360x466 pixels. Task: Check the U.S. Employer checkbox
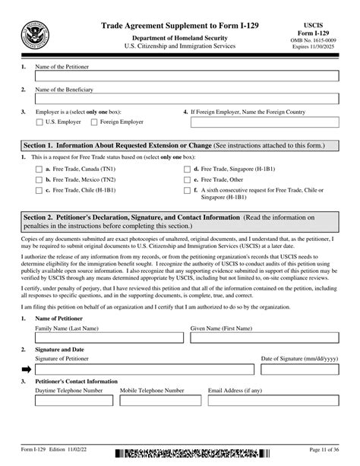point(39,121)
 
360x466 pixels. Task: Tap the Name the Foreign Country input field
point(266,122)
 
